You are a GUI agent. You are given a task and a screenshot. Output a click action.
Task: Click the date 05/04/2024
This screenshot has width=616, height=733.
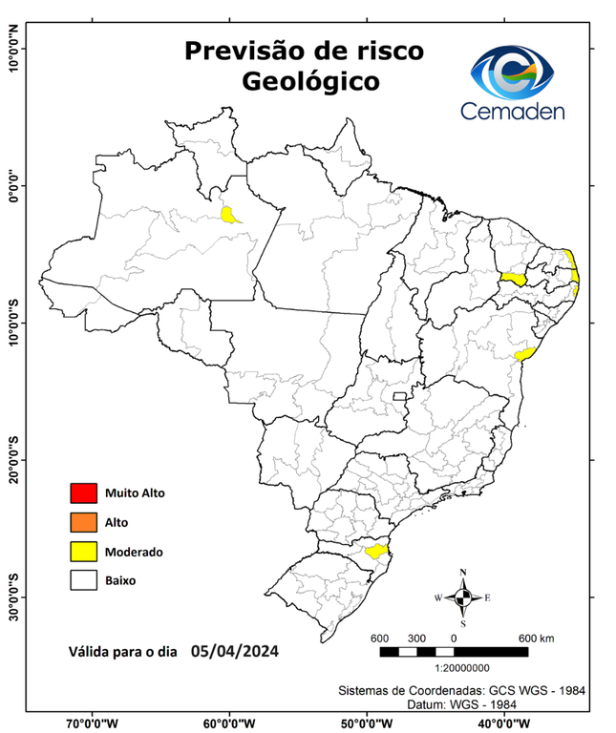coord(235,652)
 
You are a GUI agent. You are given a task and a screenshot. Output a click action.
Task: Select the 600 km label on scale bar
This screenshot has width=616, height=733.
coord(535,638)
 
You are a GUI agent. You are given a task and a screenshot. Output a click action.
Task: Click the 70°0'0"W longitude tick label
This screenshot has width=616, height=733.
coord(93,723)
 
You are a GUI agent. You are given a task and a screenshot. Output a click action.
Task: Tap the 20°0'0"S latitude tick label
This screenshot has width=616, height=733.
coord(13,460)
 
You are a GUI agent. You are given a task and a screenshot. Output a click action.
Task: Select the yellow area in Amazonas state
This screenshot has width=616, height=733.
coord(230,214)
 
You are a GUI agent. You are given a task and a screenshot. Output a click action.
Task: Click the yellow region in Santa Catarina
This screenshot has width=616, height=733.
coord(374,550)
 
